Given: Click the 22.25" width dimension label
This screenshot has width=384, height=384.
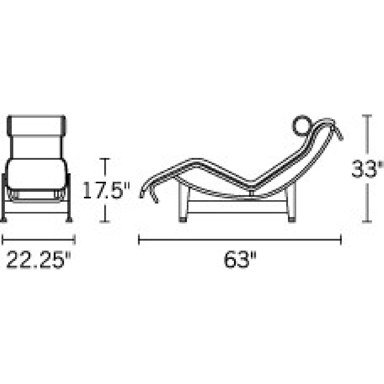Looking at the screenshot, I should point(38,260).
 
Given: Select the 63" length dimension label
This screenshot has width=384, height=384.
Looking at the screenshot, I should point(240,260).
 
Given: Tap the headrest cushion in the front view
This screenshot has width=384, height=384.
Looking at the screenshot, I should point(36,126).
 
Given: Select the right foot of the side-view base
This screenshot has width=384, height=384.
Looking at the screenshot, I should point(292,219).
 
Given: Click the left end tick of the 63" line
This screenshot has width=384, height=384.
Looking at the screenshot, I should point(139,240).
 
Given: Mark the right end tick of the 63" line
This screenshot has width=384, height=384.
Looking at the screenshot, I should point(341,240).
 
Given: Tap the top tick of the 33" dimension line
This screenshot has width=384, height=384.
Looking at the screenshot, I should point(368,116).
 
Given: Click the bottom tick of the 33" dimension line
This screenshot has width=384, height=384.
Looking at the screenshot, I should point(368,222).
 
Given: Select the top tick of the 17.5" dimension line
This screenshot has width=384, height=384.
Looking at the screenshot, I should point(105,159).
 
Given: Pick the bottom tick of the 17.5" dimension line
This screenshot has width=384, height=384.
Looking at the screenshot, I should point(105,222).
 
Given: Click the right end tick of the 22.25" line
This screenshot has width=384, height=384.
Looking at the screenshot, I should point(74,240).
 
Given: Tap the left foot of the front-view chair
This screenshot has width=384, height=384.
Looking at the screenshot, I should point(4,220).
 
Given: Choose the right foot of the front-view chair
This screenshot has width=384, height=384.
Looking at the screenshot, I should point(69,220).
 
